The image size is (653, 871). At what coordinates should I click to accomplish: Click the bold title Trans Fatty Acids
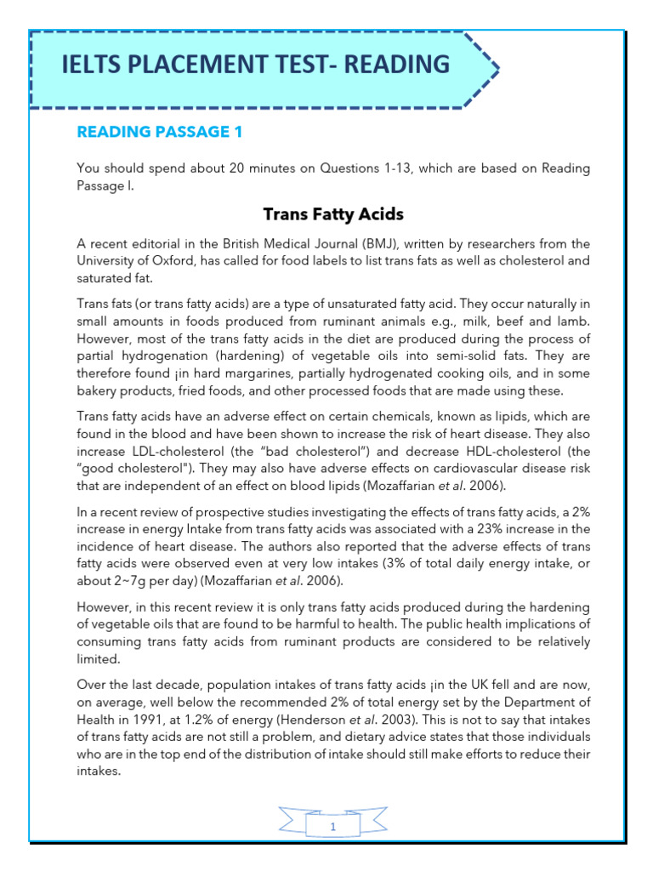point(333,213)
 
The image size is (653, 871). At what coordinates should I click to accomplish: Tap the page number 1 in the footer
point(333,826)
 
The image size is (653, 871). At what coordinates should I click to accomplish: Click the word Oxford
point(169,260)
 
